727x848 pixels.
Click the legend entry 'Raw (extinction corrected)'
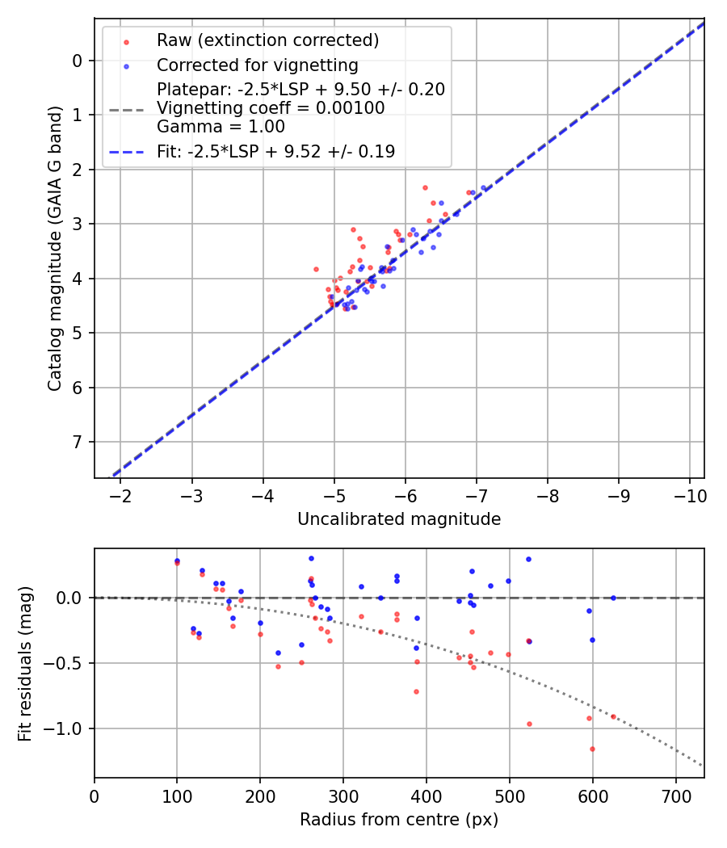tap(267, 40)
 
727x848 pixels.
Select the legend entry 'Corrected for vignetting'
tap(257, 65)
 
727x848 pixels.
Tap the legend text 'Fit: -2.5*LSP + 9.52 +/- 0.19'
tap(275, 152)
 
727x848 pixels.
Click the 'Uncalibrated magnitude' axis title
tap(399, 519)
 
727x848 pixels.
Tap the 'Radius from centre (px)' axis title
tap(399, 820)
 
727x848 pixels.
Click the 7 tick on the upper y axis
tap(78, 443)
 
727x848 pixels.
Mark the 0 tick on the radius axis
tap(95, 796)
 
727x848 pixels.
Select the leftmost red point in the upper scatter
tap(316, 269)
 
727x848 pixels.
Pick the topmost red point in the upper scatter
tap(425, 187)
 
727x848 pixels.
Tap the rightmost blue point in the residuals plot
tap(613, 598)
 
